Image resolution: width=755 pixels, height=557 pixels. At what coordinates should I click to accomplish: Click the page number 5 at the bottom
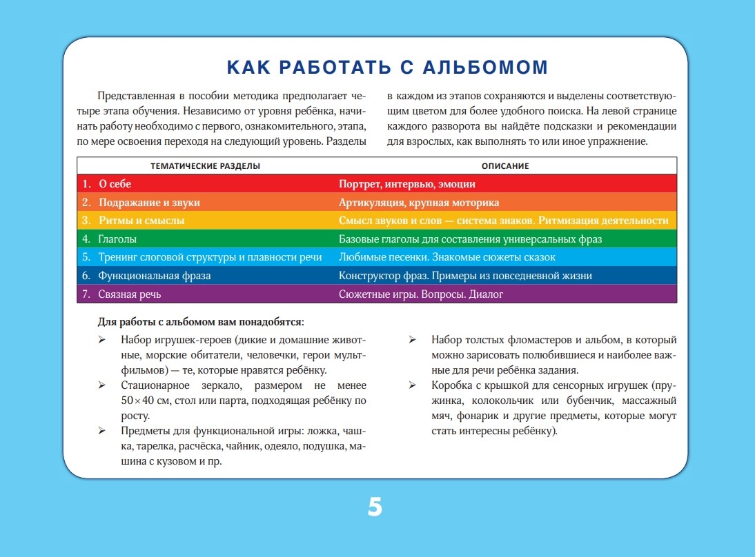(x=375, y=507)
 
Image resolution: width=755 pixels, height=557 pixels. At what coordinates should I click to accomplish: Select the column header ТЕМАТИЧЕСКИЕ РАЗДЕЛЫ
(x=206, y=166)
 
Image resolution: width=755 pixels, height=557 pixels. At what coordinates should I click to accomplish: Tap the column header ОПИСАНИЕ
(x=505, y=166)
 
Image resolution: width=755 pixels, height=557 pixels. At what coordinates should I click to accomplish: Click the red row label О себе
(x=115, y=184)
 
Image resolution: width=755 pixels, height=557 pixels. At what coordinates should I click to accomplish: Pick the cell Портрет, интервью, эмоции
(x=406, y=184)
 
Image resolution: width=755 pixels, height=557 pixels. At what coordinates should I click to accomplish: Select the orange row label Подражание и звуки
(x=149, y=203)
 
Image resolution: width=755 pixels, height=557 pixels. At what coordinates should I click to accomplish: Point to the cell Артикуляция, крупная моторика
(x=418, y=203)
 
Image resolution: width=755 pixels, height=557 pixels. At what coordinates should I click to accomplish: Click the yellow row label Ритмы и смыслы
(x=141, y=221)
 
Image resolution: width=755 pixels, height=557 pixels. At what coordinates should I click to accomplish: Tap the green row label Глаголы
(x=117, y=239)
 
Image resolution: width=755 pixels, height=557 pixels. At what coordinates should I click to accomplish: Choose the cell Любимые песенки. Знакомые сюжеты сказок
(x=447, y=257)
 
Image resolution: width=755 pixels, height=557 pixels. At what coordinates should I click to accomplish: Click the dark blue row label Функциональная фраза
(x=155, y=276)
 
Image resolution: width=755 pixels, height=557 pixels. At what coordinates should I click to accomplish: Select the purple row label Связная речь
(x=130, y=294)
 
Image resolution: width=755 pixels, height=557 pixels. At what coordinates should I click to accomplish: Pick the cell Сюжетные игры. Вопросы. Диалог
(x=421, y=294)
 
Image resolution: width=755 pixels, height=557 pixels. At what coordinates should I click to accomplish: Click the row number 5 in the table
(x=86, y=257)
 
